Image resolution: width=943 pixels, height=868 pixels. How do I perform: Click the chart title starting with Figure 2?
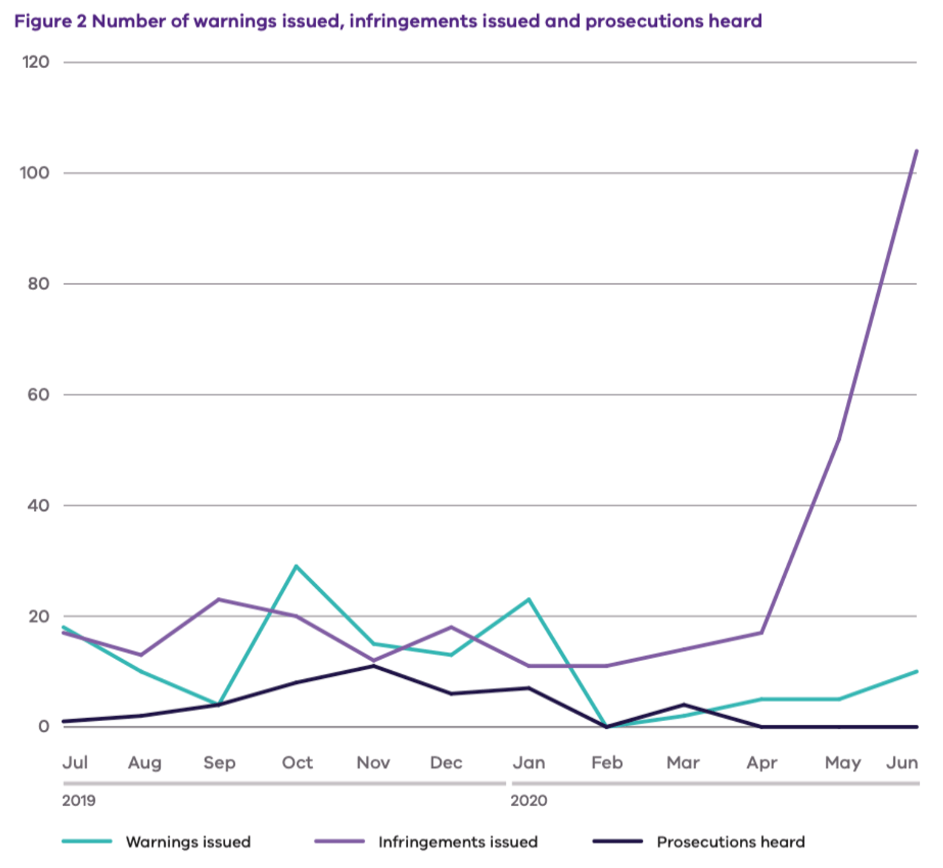pyautogui.click(x=388, y=22)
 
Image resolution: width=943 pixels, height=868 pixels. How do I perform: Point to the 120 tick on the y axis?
pyautogui.click(x=36, y=62)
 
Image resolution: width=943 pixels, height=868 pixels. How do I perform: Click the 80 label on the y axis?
pyautogui.click(x=38, y=284)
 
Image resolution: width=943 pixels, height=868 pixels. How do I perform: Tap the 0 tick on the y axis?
pyautogui.click(x=44, y=727)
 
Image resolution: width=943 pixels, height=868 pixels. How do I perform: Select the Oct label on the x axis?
pyautogui.click(x=297, y=763)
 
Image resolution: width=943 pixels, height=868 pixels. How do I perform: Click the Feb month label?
pyautogui.click(x=607, y=763)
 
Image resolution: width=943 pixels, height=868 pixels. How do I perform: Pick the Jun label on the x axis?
pyautogui.click(x=902, y=763)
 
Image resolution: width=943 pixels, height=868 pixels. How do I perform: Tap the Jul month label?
pyautogui.click(x=75, y=763)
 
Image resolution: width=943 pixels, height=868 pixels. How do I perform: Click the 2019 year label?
pyautogui.click(x=79, y=801)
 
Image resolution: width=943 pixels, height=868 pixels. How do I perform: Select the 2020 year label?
pyautogui.click(x=529, y=801)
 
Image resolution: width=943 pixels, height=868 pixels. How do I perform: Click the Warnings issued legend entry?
pyautogui.click(x=188, y=842)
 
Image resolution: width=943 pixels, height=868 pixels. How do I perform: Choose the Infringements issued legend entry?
pyautogui.click(x=457, y=842)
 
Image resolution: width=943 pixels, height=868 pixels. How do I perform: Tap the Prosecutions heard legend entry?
pyautogui.click(x=731, y=842)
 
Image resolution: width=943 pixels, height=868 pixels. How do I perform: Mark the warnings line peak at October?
pyautogui.click(x=296, y=566)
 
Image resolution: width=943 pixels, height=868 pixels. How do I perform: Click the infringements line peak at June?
pyautogui.click(x=916, y=151)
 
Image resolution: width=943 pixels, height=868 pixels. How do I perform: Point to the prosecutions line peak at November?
pyautogui.click(x=373, y=666)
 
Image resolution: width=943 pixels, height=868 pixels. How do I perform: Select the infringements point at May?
pyautogui.click(x=839, y=439)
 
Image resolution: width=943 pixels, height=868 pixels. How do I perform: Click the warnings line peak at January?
pyautogui.click(x=529, y=599)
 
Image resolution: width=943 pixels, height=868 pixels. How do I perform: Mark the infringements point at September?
pyautogui.click(x=219, y=599)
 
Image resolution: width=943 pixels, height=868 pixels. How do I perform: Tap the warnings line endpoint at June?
pyautogui.click(x=916, y=671)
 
